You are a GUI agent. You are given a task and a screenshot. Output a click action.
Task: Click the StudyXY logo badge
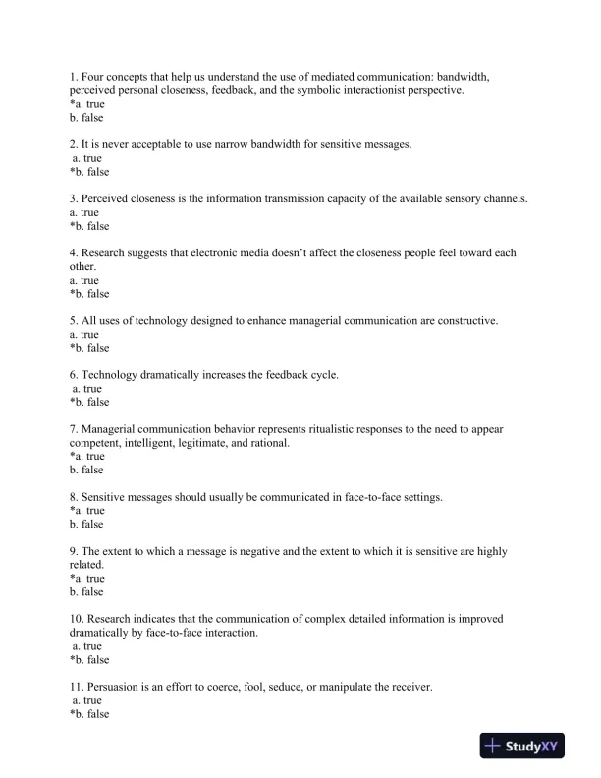531,747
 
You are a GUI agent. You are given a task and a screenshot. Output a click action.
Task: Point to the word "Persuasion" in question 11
116,687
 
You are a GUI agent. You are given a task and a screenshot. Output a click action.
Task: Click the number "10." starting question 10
77,619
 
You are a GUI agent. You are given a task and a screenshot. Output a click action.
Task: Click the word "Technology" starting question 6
110,375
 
